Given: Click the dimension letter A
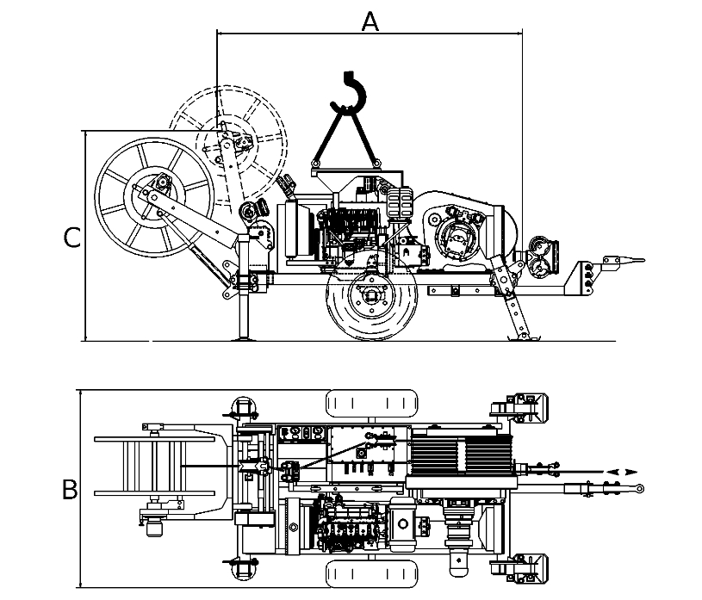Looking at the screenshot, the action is [370, 22].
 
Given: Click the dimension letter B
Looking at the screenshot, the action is [70, 490].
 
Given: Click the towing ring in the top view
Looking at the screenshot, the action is [641, 488].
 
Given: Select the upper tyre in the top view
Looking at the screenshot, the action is [371, 404].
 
